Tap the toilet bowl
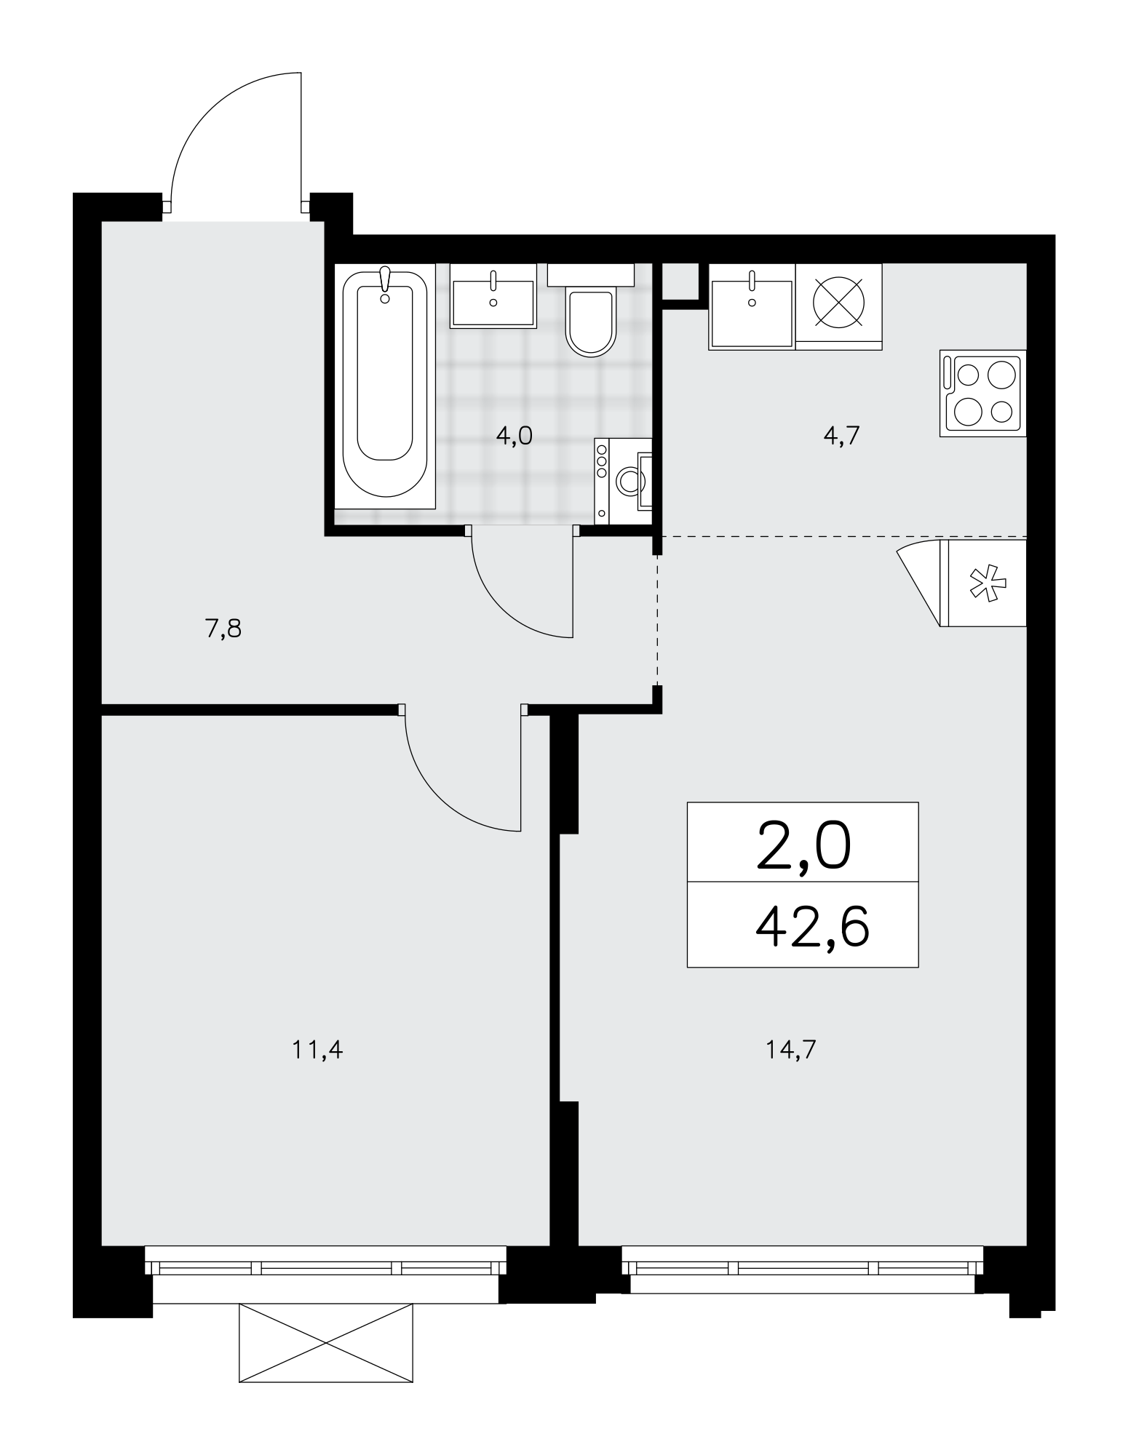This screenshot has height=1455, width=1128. pos(591,311)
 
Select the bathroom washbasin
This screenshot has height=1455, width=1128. pos(493,295)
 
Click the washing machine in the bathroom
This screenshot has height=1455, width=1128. pos(623,480)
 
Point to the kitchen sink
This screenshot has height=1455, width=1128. pos(752,306)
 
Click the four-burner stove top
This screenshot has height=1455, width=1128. pos(982,393)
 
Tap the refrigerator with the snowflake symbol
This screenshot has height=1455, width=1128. pos(982,583)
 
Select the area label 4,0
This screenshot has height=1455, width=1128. pos(515,436)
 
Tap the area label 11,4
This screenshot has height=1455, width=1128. pos(317,1050)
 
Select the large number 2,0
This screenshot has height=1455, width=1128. pos(803,847)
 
